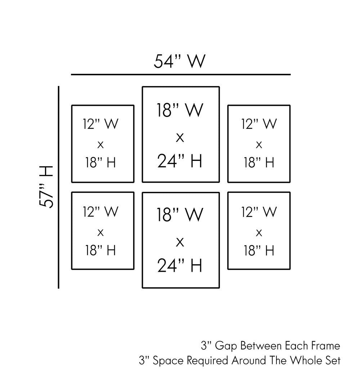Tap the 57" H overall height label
click(47, 187)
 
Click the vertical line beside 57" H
click(58, 187)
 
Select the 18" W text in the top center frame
click(180, 110)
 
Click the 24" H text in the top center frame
click(180, 161)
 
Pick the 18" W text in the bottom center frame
click(180, 215)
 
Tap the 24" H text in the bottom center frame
click(180, 266)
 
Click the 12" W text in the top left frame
click(100, 124)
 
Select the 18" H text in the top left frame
click(100, 163)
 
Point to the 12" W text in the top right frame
click(259, 124)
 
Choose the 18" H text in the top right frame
click(259, 163)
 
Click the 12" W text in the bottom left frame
click(100, 212)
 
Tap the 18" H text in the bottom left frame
click(100, 250)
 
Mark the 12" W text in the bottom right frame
click(259, 212)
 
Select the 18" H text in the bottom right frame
click(259, 250)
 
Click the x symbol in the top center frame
click(180, 137)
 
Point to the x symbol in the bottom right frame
click(259, 233)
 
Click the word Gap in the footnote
click(226, 346)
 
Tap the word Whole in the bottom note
click(306, 361)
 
